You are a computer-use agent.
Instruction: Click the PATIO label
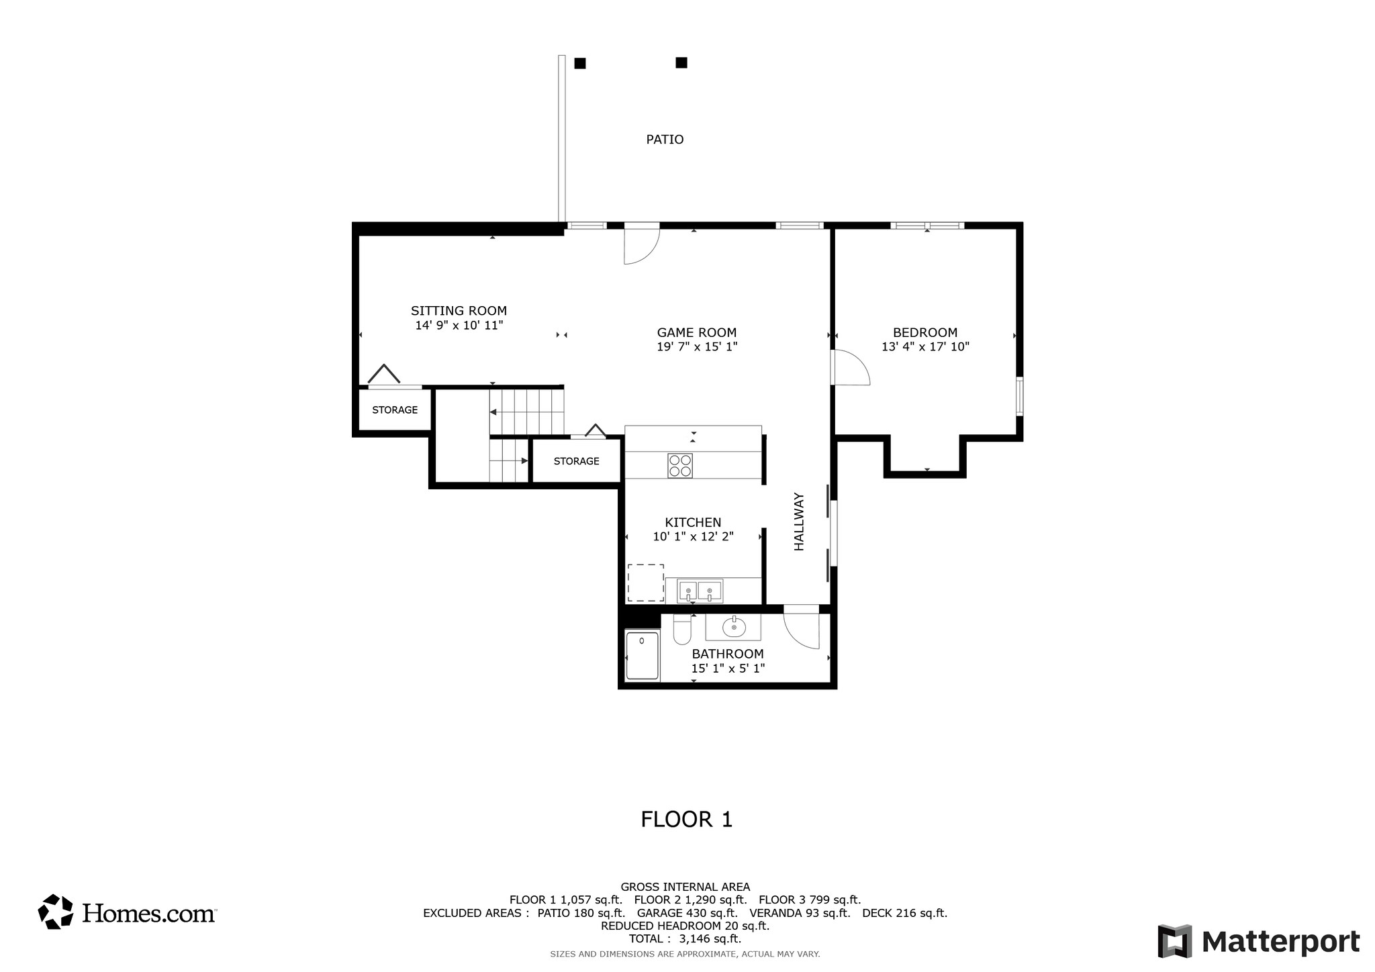(665, 140)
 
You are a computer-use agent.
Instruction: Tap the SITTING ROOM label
(459, 311)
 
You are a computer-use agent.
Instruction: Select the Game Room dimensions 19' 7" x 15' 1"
(697, 347)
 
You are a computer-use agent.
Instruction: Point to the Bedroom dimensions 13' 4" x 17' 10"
(925, 347)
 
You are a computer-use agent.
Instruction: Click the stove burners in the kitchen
(680, 466)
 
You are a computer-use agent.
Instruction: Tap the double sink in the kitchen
(700, 591)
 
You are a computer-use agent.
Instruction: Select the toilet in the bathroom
(682, 629)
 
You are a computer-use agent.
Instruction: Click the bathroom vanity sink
(734, 628)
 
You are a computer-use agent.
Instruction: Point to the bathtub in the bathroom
(643, 656)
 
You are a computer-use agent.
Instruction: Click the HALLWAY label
(799, 522)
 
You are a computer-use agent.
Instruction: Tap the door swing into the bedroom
(851, 367)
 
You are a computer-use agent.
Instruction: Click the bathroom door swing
(802, 627)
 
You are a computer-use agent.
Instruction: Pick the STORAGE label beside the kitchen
(576, 461)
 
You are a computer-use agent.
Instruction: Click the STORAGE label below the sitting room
(395, 410)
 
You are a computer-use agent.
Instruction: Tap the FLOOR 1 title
(686, 820)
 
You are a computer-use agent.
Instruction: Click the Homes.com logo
(127, 912)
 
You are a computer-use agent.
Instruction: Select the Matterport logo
(1258, 941)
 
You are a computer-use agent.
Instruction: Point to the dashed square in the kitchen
(646, 583)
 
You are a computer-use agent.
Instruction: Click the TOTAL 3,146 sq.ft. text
(685, 939)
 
